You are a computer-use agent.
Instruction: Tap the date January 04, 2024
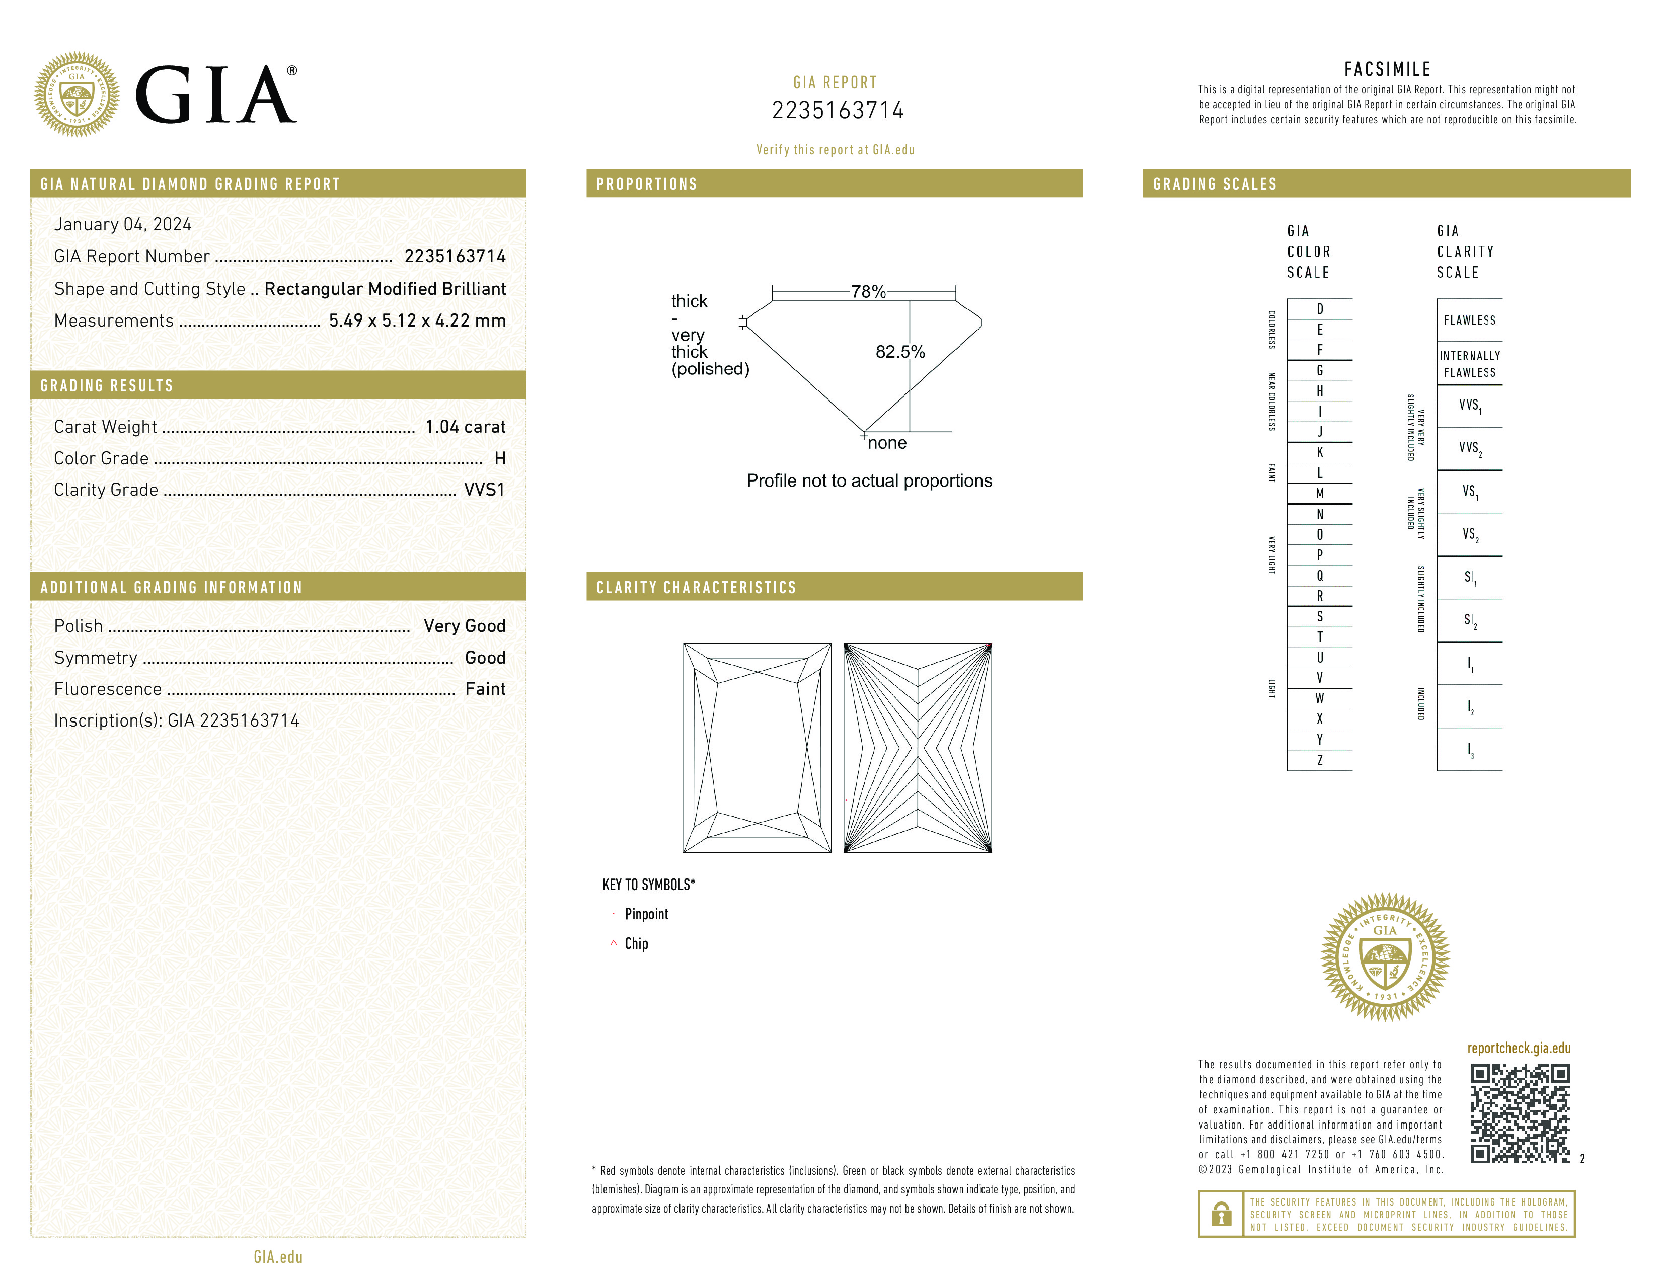(122, 224)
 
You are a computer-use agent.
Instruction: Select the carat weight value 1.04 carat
(465, 426)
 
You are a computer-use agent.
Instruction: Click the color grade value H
(500, 458)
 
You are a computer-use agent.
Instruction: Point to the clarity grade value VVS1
(484, 490)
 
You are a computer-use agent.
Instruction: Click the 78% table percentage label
(868, 292)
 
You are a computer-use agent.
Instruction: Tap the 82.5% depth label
(900, 352)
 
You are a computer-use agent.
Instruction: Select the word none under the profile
(887, 443)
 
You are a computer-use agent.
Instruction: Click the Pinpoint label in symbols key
(646, 914)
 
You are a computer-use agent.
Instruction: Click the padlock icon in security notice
(1221, 1214)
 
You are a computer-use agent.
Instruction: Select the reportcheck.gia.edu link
(1519, 1048)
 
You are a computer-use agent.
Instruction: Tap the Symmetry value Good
(485, 658)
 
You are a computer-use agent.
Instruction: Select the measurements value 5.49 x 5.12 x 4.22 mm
(417, 321)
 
